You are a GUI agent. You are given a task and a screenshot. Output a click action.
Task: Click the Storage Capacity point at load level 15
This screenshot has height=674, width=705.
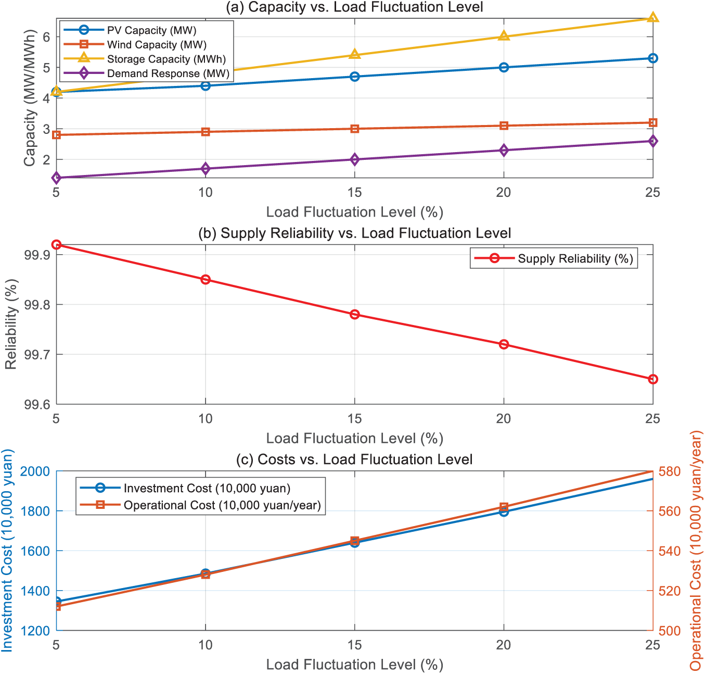(355, 55)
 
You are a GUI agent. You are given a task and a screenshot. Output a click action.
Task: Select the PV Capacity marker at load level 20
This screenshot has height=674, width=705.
(504, 67)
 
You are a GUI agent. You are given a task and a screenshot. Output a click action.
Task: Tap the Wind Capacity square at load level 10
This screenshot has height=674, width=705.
(206, 132)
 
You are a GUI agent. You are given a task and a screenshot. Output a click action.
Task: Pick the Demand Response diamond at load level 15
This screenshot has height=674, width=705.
(355, 159)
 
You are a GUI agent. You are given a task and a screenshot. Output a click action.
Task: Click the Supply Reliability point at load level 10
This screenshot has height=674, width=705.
(206, 280)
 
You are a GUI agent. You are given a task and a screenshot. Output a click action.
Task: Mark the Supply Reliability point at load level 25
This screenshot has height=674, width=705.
(653, 379)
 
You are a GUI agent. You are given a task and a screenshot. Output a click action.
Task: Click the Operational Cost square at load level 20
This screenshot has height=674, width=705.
(504, 507)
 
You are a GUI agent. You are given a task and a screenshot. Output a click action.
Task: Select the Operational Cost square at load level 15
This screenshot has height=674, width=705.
(355, 541)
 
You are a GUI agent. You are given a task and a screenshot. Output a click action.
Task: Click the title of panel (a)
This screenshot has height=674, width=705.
(355, 7)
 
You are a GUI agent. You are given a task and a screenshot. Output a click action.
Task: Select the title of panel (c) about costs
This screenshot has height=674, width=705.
(354, 459)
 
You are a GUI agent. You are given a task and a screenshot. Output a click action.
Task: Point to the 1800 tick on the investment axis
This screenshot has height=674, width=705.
(35, 511)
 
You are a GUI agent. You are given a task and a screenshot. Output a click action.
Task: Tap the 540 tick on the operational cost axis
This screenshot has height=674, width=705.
(670, 551)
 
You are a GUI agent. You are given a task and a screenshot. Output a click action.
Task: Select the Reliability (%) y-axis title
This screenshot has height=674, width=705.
(11, 324)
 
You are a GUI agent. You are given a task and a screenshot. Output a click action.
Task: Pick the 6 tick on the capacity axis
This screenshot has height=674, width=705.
(46, 36)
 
